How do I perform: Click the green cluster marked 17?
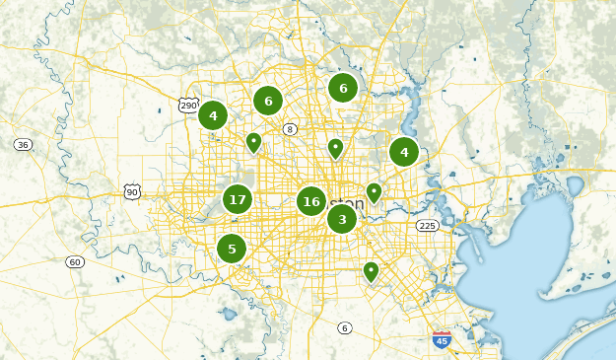pyautogui.click(x=237, y=199)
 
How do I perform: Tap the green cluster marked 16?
pyautogui.click(x=311, y=201)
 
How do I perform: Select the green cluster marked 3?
pyautogui.click(x=342, y=219)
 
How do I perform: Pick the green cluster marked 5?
pyautogui.click(x=232, y=249)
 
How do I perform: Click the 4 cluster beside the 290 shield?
pyautogui.click(x=213, y=115)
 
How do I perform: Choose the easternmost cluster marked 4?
pyautogui.click(x=403, y=152)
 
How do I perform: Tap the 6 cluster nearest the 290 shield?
pyautogui.click(x=268, y=101)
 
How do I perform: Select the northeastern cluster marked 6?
pyautogui.click(x=343, y=88)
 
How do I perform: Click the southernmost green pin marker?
pyautogui.click(x=371, y=270)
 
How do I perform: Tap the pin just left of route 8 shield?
pyautogui.click(x=253, y=143)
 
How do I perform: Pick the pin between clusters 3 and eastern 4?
pyautogui.click(x=374, y=191)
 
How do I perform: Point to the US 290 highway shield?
pyautogui.click(x=187, y=105)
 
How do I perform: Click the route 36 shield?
pyautogui.click(x=23, y=144)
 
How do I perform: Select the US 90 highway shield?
pyautogui.click(x=132, y=191)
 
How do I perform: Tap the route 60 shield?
pyautogui.click(x=75, y=261)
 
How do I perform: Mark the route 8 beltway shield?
pyautogui.click(x=290, y=129)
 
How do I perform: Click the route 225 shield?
pyautogui.click(x=427, y=226)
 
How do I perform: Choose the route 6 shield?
pyautogui.click(x=344, y=327)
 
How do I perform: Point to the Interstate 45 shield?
pyautogui.click(x=442, y=340)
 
